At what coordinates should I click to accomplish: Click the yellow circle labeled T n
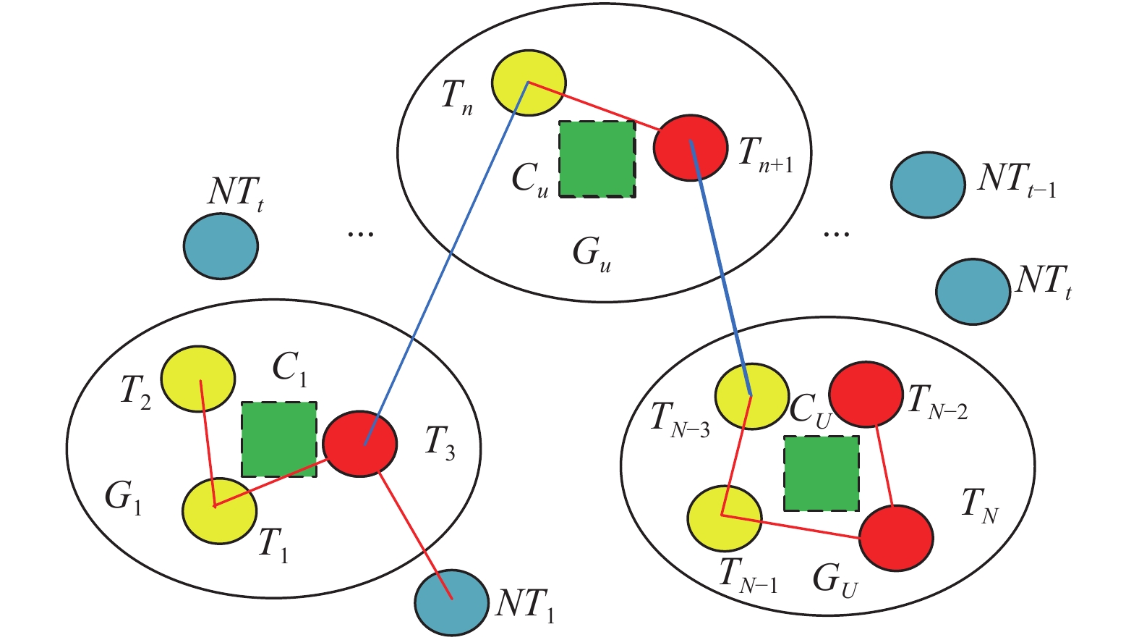(x=529, y=82)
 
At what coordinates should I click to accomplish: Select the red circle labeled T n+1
(x=691, y=147)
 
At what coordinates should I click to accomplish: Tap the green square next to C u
(x=597, y=159)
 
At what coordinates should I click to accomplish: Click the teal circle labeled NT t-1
(x=928, y=185)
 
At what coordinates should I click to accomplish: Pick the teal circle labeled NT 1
(x=451, y=602)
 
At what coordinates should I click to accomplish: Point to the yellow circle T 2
(x=197, y=379)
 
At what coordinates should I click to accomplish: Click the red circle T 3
(x=359, y=444)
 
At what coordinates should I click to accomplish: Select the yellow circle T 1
(x=218, y=510)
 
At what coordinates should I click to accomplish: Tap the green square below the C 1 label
(x=278, y=439)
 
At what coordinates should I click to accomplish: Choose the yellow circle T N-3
(x=751, y=396)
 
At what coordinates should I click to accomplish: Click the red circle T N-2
(x=865, y=395)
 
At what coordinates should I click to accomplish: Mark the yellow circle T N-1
(x=724, y=518)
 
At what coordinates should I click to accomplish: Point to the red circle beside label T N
(x=896, y=538)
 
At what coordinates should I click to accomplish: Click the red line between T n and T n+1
(x=593, y=106)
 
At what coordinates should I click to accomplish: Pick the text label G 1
(x=123, y=497)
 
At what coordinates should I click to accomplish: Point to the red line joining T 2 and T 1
(x=208, y=442)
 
